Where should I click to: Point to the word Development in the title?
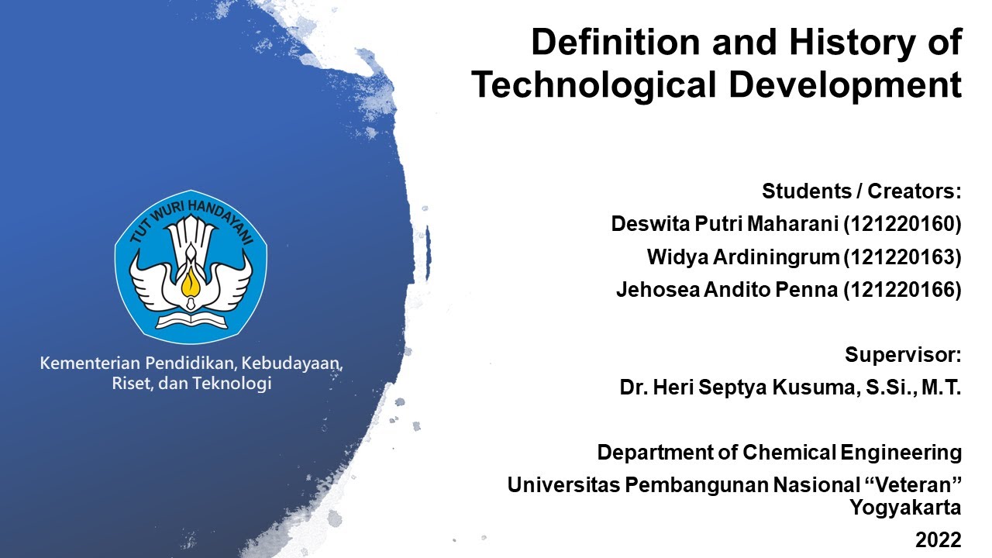point(846,84)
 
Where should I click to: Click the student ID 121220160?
point(902,224)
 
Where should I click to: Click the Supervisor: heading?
point(903,355)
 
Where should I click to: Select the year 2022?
point(938,540)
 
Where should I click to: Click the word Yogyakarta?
point(905,508)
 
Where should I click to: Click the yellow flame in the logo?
point(191,283)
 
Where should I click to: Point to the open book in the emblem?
point(191,319)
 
